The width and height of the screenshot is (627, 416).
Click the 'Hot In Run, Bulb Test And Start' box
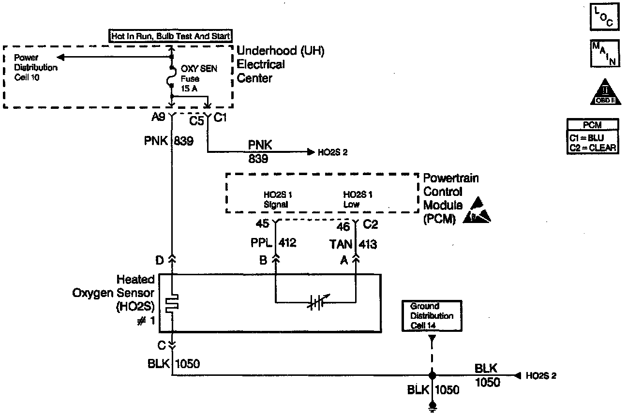[x=170, y=36]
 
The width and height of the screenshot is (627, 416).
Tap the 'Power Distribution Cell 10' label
[x=35, y=67]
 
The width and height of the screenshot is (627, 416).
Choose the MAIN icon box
[x=604, y=53]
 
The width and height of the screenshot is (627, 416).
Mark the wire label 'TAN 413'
[x=354, y=244]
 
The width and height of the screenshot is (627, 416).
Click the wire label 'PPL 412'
[x=274, y=243]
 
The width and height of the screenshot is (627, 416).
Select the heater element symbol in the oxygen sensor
[x=172, y=304]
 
